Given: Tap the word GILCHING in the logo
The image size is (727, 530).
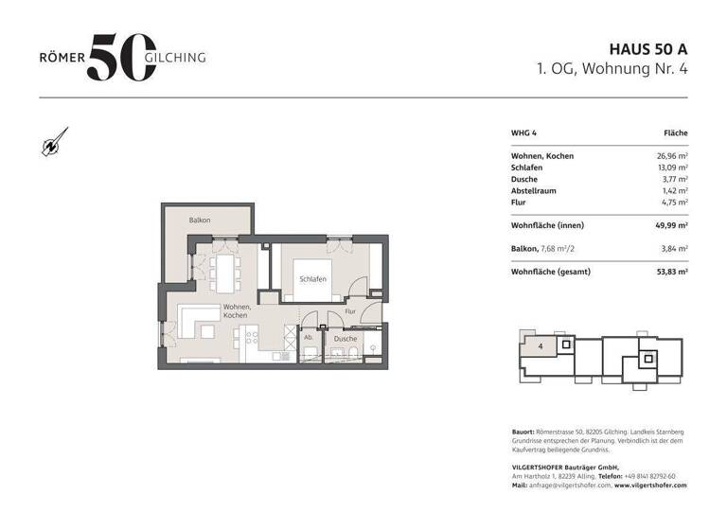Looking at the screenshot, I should point(175,57).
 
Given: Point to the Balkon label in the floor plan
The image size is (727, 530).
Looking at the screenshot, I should point(199,221).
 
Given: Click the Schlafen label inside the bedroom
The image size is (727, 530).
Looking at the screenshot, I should point(313,279).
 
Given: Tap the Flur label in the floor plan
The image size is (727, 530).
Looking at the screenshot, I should point(349,310).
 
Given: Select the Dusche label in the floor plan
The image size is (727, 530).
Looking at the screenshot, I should point(346,338).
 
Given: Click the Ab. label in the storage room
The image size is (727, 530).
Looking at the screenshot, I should point(309,337).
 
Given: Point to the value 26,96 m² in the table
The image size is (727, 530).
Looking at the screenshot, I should point(670,156).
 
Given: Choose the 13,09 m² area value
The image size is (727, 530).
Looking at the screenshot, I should point(670,168).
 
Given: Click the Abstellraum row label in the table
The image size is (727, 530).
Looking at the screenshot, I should point(535,190).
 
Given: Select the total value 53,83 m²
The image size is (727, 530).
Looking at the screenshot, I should point(670,272).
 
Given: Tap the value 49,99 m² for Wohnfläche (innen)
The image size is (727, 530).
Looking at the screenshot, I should point(670,225).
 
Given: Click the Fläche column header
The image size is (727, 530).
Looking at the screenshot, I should point(675,133).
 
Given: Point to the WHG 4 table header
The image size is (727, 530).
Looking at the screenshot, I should point(524,133).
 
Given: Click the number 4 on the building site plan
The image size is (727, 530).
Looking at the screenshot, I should point(540,347).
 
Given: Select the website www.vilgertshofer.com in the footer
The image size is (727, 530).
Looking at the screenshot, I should point(650,485).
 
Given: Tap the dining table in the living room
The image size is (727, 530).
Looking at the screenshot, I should point(224,269).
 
